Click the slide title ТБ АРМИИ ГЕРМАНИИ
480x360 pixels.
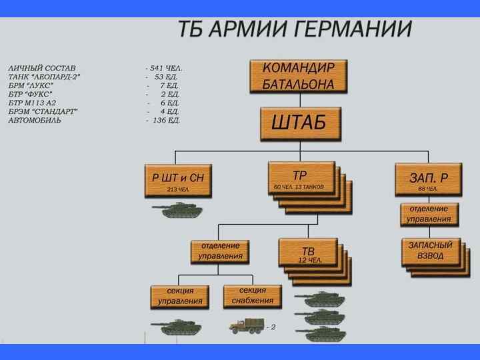295,30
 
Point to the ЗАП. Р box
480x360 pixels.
428,179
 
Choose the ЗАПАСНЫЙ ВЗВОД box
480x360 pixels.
430,251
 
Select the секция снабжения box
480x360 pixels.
253,295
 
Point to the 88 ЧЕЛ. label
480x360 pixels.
428,189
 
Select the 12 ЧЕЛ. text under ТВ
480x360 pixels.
310,261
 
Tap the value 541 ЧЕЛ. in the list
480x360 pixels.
166,69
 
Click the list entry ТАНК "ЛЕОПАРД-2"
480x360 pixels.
45,77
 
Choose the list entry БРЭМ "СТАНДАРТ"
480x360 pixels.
43,112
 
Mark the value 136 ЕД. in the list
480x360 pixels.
166,121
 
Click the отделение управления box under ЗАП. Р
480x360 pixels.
429,214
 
